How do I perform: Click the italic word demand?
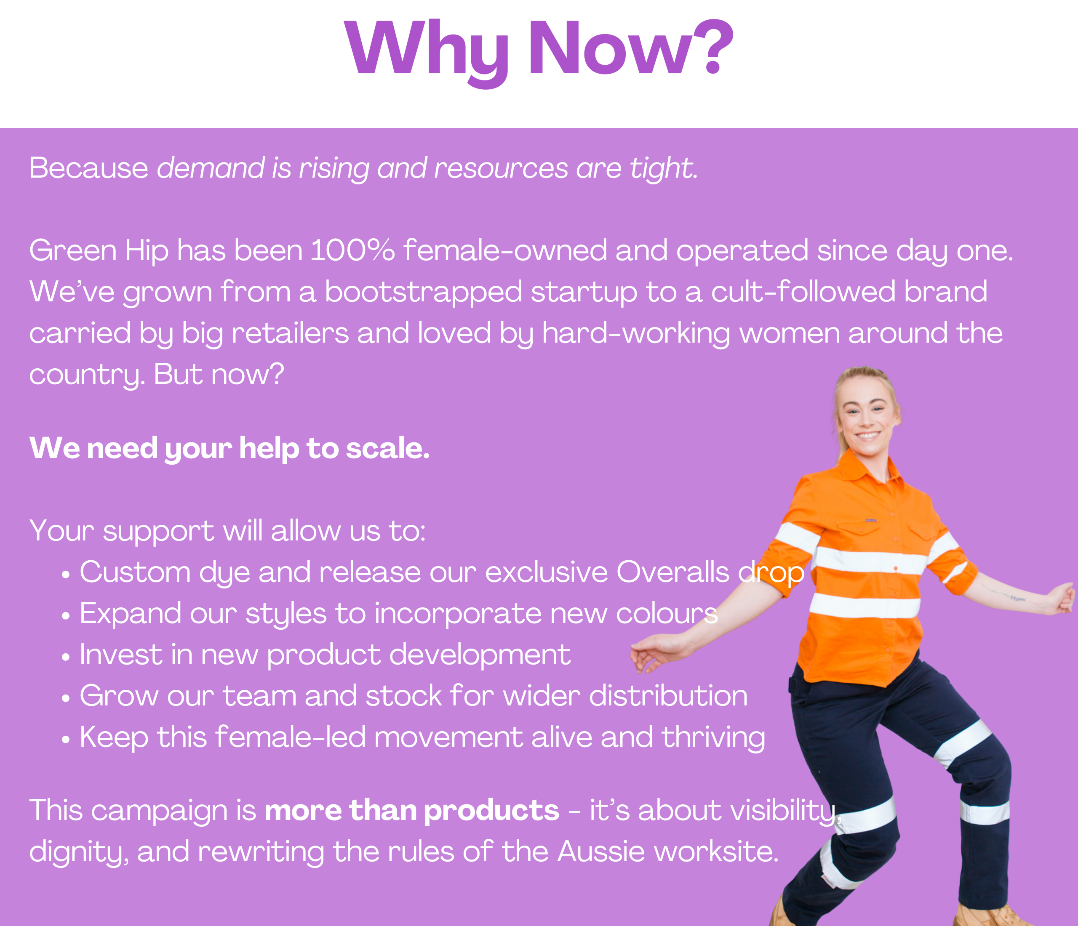point(211,168)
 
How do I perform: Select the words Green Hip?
point(99,252)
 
